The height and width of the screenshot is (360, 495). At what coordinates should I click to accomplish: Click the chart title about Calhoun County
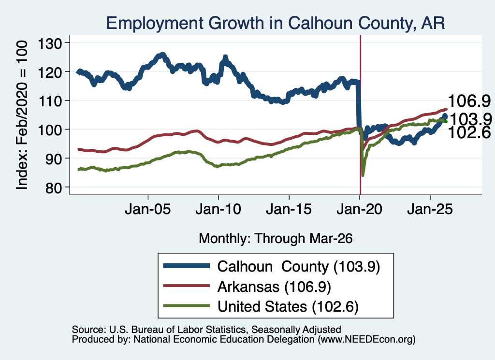click(x=276, y=23)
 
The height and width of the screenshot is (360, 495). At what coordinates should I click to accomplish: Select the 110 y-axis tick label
click(x=50, y=101)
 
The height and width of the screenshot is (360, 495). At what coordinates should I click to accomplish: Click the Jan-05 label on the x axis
click(x=148, y=209)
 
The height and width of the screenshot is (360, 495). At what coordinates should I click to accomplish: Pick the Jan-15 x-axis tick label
click(x=289, y=209)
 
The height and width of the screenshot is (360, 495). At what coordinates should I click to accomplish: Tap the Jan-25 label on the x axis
click(x=430, y=209)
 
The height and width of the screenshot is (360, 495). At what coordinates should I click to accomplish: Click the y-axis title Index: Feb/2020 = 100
click(x=22, y=115)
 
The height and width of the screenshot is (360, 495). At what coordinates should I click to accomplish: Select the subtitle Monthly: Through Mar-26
click(x=276, y=238)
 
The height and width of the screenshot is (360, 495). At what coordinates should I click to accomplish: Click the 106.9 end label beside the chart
click(x=469, y=101)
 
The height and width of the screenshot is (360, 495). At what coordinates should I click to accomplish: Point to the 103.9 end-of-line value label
click(x=471, y=119)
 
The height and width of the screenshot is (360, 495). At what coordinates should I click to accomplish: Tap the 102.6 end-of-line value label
click(x=469, y=132)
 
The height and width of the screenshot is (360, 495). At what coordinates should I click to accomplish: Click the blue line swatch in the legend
click(x=186, y=266)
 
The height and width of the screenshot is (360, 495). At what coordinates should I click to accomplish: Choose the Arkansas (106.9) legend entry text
click(x=274, y=287)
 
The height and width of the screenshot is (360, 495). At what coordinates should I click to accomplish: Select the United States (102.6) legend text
click(x=288, y=306)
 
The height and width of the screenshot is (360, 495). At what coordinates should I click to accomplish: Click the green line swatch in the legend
click(x=186, y=305)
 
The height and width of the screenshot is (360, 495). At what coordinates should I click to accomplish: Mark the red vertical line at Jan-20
click(x=360, y=115)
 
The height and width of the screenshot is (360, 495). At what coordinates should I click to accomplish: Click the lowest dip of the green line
click(x=363, y=175)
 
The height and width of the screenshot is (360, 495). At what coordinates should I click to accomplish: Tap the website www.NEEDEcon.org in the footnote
click(x=366, y=340)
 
